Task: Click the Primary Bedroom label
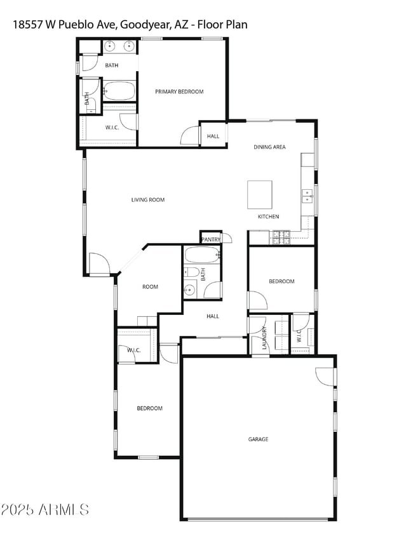click(x=179, y=92)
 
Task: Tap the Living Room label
click(x=148, y=200)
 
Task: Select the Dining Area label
click(x=269, y=147)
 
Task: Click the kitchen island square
click(x=259, y=194)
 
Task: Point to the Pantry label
click(x=210, y=239)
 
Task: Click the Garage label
click(x=258, y=439)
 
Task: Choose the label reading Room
click(x=150, y=287)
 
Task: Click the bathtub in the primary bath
click(x=119, y=91)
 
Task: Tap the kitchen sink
click(x=307, y=195)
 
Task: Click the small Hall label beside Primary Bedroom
click(x=213, y=136)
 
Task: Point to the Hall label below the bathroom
click(x=213, y=316)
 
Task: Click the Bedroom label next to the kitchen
click(x=281, y=281)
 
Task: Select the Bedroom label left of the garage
click(x=149, y=408)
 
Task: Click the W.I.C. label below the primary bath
click(x=112, y=128)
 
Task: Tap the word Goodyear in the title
click(x=144, y=25)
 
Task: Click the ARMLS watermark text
click(x=45, y=510)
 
